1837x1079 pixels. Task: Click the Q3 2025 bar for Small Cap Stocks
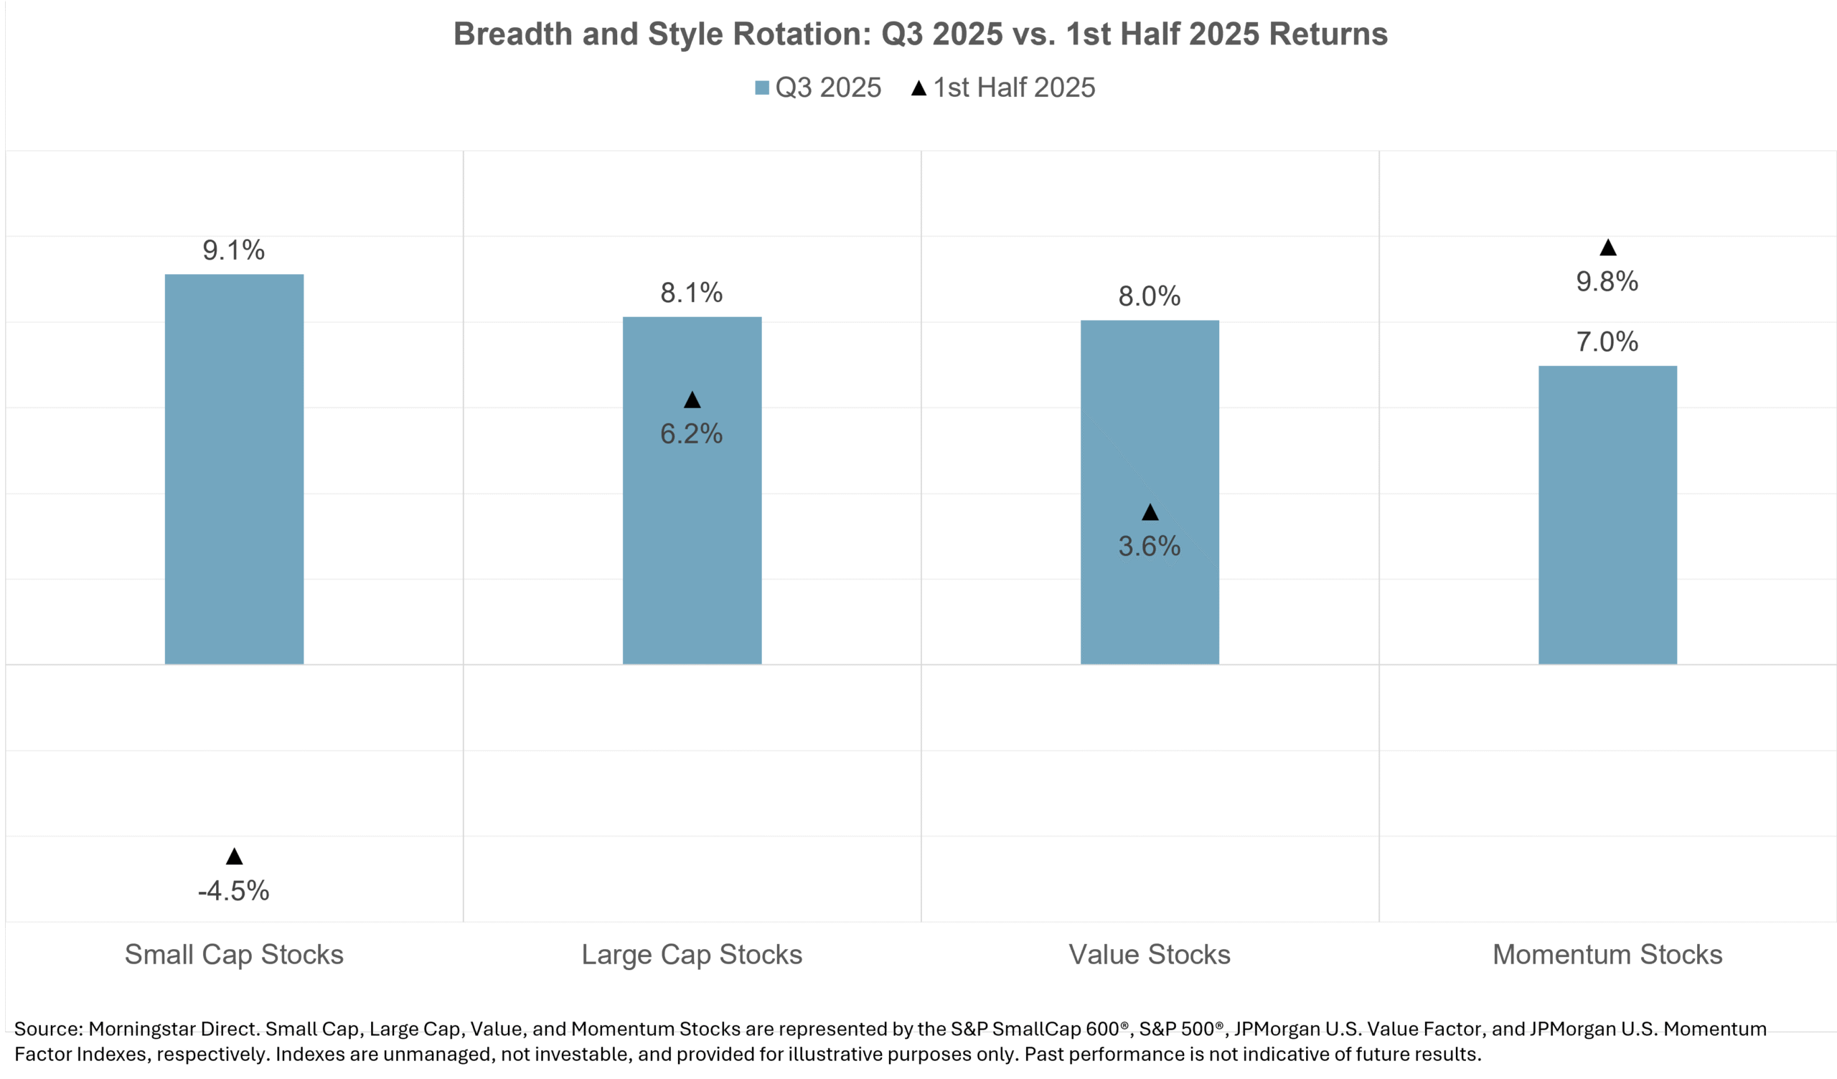point(234,468)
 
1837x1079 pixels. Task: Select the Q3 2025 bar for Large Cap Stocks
point(692,510)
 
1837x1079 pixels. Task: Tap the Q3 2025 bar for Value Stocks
point(1150,438)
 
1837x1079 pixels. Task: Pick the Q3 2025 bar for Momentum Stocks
point(1607,514)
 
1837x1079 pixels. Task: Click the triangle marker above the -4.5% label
point(234,857)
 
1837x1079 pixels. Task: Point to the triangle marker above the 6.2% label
point(692,400)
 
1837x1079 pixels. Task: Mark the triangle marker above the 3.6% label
point(1150,512)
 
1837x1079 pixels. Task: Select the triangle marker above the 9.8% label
point(1607,248)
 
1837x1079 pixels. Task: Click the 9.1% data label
point(233,250)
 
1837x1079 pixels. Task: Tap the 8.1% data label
point(691,293)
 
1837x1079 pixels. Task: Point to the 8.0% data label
point(1149,296)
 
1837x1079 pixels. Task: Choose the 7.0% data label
point(1607,341)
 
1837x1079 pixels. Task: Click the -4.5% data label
point(233,890)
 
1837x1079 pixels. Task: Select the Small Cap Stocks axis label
point(234,954)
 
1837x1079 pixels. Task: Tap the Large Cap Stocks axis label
point(692,954)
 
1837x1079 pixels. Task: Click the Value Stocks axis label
point(1150,954)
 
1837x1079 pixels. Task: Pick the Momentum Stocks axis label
point(1607,954)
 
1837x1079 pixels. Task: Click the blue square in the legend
point(762,88)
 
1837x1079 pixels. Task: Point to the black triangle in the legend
point(918,88)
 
